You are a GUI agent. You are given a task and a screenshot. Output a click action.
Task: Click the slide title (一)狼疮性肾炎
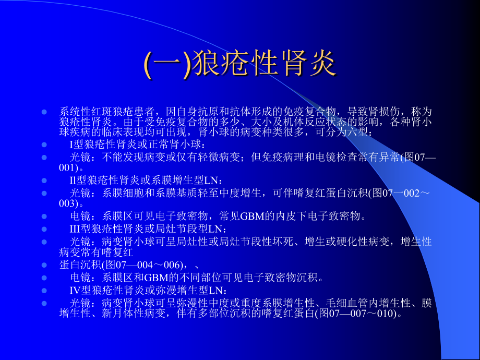click(x=240, y=64)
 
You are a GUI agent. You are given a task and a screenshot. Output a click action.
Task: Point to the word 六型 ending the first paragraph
click(x=357, y=133)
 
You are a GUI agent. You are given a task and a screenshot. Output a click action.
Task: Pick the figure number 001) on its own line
click(x=68, y=168)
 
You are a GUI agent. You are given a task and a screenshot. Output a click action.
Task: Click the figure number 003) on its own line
click(x=68, y=203)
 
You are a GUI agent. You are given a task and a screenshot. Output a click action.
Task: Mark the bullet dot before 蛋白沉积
click(x=44, y=265)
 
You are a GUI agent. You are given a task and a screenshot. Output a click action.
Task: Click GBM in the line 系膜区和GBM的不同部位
click(x=156, y=278)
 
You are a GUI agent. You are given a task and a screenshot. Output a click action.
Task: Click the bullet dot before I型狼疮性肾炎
click(x=44, y=145)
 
